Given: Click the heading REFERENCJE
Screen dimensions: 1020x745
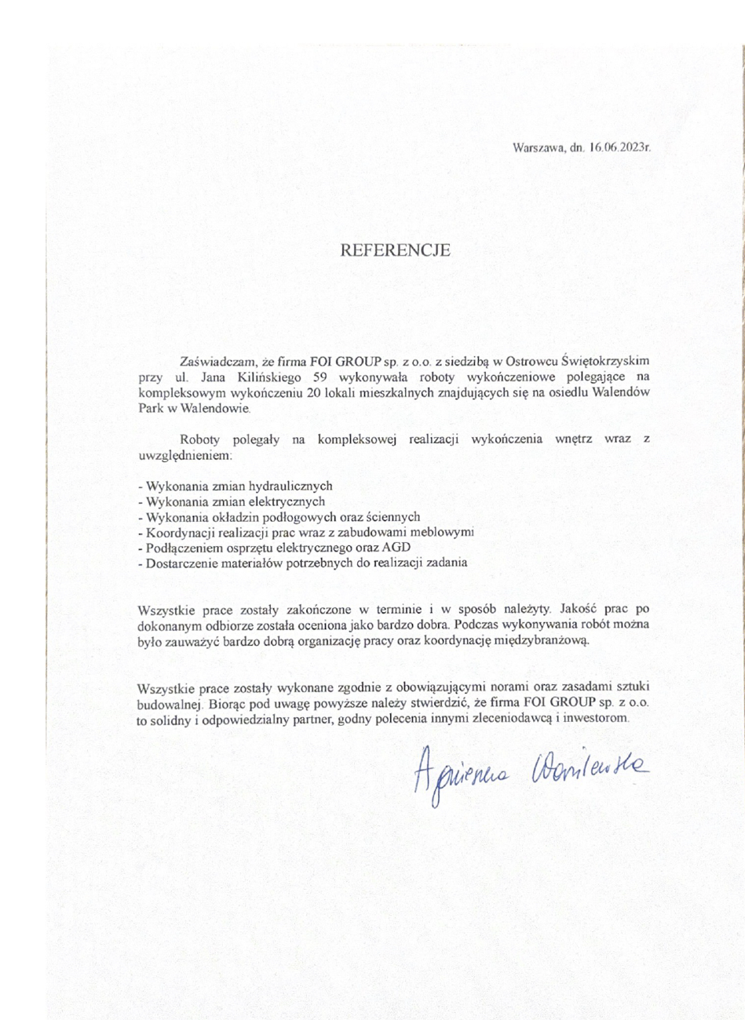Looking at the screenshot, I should pyautogui.click(x=395, y=251).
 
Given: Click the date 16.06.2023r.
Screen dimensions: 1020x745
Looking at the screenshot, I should pyautogui.click(x=621, y=147).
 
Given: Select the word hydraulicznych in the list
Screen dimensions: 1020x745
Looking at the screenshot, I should pyautogui.click(x=298, y=486).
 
